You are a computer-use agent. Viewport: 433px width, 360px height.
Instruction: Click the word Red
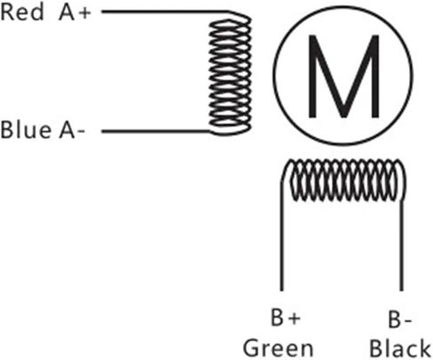22,12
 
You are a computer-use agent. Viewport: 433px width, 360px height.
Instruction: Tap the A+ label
75,12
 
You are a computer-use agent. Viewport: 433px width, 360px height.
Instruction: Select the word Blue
26,130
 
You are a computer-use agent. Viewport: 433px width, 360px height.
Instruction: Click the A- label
72,130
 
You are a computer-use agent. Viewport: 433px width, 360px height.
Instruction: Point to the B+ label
286,318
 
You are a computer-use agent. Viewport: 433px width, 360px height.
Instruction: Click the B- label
399,320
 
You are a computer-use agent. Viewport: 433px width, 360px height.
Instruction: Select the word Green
278,348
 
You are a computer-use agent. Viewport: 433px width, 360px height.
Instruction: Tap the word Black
400,348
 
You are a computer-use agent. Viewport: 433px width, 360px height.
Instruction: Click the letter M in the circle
343,76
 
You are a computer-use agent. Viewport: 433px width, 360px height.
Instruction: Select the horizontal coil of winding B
343,180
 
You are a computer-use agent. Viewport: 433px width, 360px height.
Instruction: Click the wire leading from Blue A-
156,131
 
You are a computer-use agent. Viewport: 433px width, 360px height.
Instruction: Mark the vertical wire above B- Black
401,246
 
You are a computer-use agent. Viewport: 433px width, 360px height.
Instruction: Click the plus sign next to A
84,13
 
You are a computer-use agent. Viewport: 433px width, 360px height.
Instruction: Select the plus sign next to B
295,318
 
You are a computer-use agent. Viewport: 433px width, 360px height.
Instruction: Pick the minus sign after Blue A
81,133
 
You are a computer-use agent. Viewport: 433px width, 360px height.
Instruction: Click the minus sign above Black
407,321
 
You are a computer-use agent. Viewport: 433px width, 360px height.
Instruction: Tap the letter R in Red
8,12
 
